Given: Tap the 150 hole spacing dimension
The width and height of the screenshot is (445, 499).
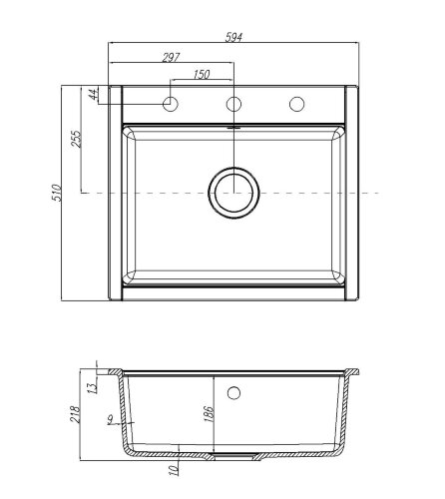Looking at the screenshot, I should point(203,75).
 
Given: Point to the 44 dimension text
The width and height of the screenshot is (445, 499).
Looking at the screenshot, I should point(91,95).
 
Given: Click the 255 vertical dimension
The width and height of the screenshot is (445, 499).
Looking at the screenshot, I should point(77,139).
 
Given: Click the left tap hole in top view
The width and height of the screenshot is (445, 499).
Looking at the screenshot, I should point(172,103).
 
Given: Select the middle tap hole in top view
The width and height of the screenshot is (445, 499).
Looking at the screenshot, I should point(234,103).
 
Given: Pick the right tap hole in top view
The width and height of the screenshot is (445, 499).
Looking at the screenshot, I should point(296,103).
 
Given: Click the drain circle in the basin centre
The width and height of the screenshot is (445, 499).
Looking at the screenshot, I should point(234,191).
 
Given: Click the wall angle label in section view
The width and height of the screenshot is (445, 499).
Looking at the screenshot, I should point(109,422).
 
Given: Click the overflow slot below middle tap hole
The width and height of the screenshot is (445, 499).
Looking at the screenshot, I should point(234,127).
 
